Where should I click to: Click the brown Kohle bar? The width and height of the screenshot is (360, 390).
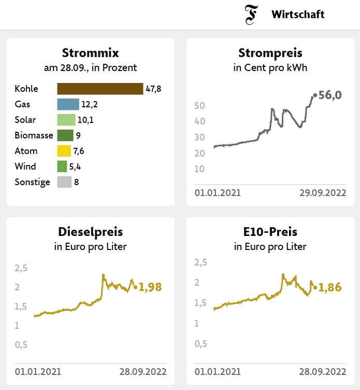click(100, 89)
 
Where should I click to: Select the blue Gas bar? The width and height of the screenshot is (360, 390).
click(68, 104)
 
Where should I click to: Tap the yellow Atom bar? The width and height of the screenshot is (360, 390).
click(64, 151)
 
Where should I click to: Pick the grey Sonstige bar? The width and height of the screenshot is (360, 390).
click(64, 182)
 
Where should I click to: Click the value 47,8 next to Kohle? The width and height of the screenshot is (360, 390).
click(153, 89)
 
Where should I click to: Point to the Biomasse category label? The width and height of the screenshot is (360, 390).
click(34, 135)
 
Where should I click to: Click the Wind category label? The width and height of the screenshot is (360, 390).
click(25, 166)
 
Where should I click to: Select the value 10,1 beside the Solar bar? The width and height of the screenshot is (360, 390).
click(85, 120)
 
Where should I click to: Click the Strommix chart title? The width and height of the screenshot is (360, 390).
click(90, 53)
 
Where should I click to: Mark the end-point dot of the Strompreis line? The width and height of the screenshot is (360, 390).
click(315, 95)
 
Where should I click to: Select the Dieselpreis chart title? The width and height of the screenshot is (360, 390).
click(90, 232)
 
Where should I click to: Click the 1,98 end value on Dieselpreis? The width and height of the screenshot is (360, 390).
click(150, 287)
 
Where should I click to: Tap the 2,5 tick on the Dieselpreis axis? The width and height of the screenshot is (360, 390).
click(21, 268)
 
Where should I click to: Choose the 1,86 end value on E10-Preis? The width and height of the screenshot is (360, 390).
click(330, 287)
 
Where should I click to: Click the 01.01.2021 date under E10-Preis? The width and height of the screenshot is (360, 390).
click(218, 371)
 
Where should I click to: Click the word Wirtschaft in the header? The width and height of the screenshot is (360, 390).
click(298, 15)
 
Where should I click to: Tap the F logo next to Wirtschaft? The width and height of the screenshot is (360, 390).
click(252, 15)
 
